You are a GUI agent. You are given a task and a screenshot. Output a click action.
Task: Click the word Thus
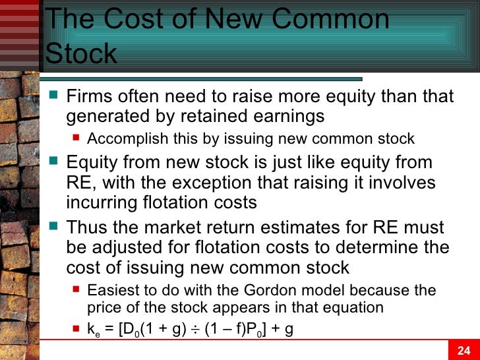[90, 228]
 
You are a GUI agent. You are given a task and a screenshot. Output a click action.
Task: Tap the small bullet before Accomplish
[76, 139]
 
